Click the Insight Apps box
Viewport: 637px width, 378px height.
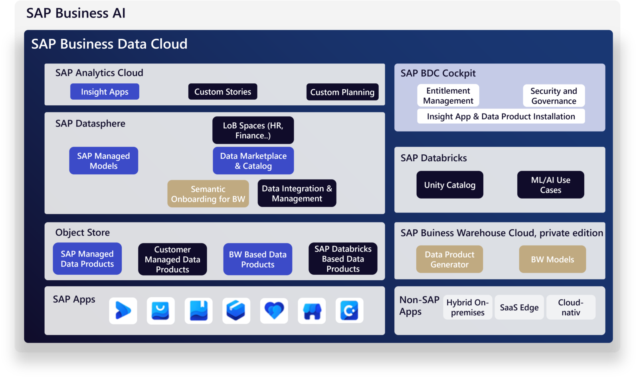pyautogui.click(x=105, y=92)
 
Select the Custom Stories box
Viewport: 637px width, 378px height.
pyautogui.click(x=223, y=92)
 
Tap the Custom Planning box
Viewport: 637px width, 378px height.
pyautogui.click(x=342, y=92)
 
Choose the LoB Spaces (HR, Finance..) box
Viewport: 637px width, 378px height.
pyautogui.click(x=253, y=130)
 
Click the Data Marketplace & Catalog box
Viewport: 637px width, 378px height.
pyautogui.click(x=253, y=161)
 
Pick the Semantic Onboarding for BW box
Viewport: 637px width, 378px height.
pyautogui.click(x=208, y=194)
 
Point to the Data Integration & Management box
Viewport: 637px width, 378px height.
pyautogui.click(x=297, y=193)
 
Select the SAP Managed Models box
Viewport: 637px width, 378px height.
pyautogui.click(x=103, y=161)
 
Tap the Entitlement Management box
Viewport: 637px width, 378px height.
pyautogui.click(x=448, y=96)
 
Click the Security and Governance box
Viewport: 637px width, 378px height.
pyautogui.click(x=554, y=96)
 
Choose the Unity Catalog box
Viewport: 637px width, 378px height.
pyautogui.click(x=450, y=185)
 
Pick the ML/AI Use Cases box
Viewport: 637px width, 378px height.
pyautogui.click(x=550, y=185)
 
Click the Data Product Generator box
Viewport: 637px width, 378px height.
pyautogui.click(x=449, y=259)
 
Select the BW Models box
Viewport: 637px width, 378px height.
pyautogui.click(x=552, y=259)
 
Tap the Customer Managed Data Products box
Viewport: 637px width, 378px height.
pyautogui.click(x=172, y=259)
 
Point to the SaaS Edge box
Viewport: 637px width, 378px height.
pyautogui.click(x=519, y=307)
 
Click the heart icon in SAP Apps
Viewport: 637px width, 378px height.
pyautogui.click(x=274, y=311)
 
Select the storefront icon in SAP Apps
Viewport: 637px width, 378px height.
pyautogui.click(x=312, y=311)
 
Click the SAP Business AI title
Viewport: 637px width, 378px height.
pyautogui.click(x=76, y=13)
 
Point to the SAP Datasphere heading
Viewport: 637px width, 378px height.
pyautogui.click(x=90, y=124)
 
